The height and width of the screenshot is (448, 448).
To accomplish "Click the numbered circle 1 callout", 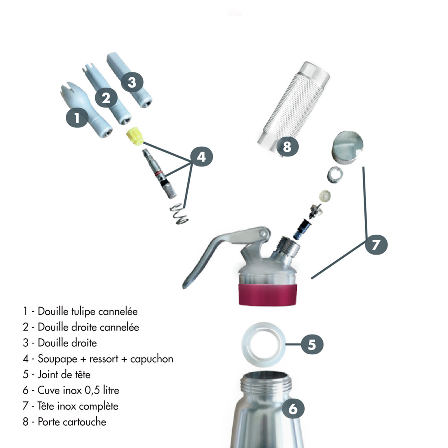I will click(x=77, y=118).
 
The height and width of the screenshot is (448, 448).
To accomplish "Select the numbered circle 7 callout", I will click(x=376, y=245).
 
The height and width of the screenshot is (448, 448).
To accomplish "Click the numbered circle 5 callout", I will click(x=312, y=344).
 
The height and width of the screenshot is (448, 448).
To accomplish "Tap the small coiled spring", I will click(x=178, y=214).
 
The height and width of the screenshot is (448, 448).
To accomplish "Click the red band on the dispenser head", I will click(x=268, y=295).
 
